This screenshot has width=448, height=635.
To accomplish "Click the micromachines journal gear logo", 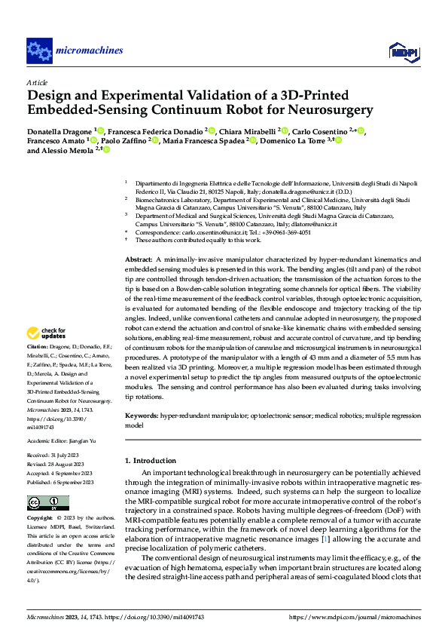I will pyautogui.click(x=39, y=51).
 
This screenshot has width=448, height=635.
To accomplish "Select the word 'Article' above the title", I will pyautogui.click(x=37, y=82).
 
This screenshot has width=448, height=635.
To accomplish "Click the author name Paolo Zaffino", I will pyautogui.click(x=124, y=140).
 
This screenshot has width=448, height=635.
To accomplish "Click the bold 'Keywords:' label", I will pyautogui.click(x=142, y=416).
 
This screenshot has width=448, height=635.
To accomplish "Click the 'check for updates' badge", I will pyautogui.click(x=47, y=333).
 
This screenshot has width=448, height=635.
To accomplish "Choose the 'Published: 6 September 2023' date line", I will pyautogui.click(x=59, y=482).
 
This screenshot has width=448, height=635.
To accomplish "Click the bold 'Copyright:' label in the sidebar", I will pyautogui.click(x=40, y=519).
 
